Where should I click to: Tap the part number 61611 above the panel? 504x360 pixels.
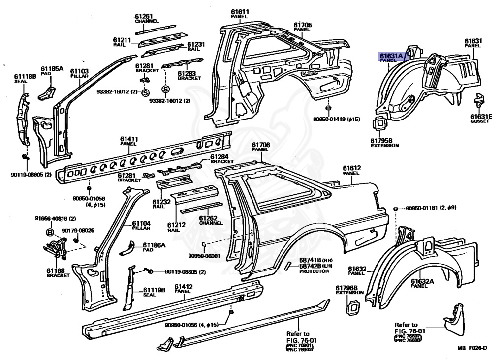coord(240,11)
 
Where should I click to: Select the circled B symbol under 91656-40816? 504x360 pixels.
coord(50,233)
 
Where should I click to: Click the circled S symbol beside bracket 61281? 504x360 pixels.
coord(146,92)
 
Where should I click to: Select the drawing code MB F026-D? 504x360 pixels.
coord(472,349)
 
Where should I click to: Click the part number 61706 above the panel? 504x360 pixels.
coord(261,145)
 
